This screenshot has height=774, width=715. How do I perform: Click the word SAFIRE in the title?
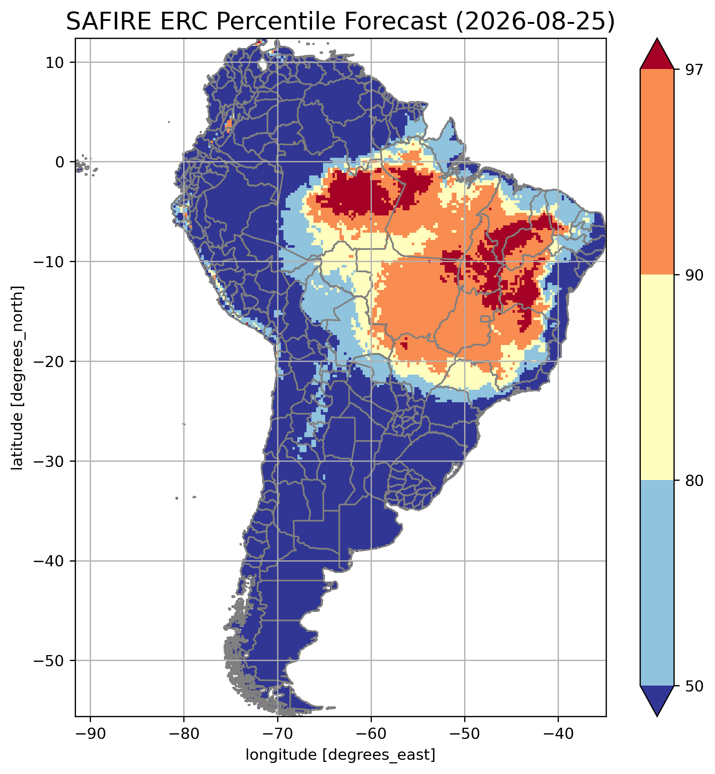(109, 22)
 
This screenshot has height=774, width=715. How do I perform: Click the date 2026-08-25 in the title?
(535, 22)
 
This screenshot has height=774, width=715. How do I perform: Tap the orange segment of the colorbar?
(657, 172)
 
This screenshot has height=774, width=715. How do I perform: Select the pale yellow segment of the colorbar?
(657, 378)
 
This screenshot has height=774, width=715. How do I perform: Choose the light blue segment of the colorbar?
(657, 583)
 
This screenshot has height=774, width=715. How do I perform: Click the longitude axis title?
(341, 755)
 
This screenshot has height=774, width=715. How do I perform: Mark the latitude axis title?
(17, 378)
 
